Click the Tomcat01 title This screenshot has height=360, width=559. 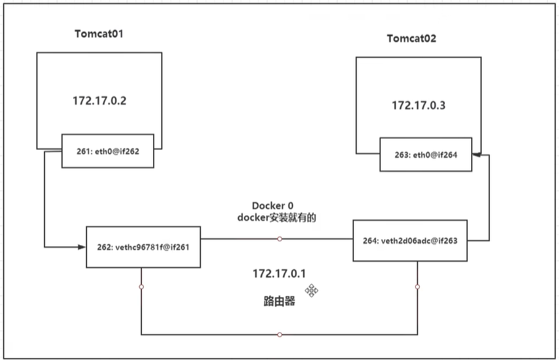tap(99, 34)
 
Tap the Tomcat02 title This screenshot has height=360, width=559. tap(411, 38)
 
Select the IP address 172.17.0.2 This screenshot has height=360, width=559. tap(100, 101)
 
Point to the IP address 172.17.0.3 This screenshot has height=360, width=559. tap(418, 106)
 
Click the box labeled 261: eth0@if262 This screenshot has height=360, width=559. tap(108, 151)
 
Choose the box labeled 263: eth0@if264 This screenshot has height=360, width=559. tap(426, 155)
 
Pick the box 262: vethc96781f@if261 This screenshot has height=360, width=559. tap(143, 247)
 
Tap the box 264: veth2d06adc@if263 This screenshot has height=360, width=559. tap(410, 241)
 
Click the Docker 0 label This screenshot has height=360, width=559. tap(273, 206)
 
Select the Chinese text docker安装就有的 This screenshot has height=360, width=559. tap(277, 217)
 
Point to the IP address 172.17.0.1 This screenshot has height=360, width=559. tap(279, 273)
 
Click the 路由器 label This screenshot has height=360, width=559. tap(279, 301)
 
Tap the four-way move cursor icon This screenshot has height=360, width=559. tap(312, 291)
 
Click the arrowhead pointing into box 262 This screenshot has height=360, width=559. tap(82, 247)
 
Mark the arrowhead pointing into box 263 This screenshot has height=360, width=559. tap(477, 155)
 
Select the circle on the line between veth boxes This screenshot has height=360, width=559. tap(280, 238)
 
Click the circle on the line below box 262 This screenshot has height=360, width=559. tap(141, 287)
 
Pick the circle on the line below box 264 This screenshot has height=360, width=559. tap(418, 287)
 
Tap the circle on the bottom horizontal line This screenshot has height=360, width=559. tap(280, 335)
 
